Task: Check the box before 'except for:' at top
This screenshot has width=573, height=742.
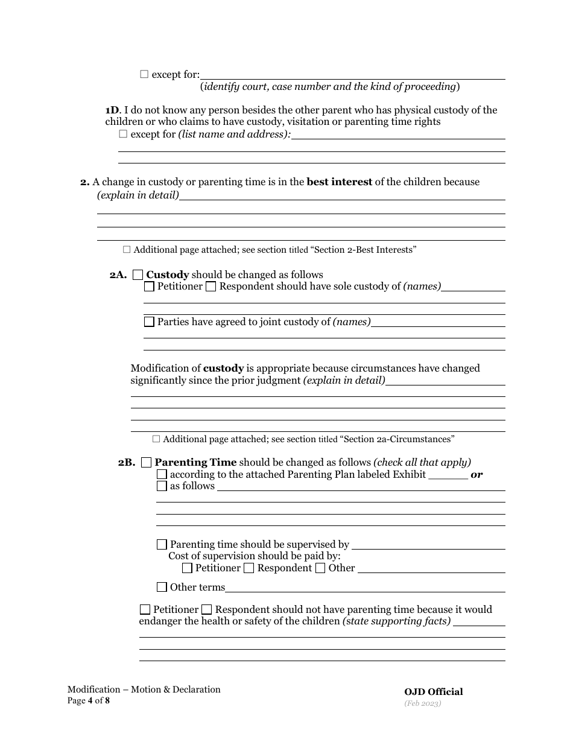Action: click(144, 74)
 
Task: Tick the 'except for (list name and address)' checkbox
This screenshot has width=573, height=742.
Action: click(123, 134)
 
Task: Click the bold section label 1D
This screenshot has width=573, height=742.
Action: click(112, 110)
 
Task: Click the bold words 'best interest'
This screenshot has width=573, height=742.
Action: click(340, 182)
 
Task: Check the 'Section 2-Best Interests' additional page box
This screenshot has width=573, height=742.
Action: click(127, 249)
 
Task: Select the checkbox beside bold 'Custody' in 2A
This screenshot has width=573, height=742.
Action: click(138, 275)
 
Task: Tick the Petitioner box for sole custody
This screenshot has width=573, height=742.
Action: click(149, 287)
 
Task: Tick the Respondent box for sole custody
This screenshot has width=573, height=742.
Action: click(211, 287)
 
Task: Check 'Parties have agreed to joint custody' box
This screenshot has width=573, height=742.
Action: click(149, 322)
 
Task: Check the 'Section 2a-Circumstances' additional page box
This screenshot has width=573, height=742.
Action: click(156, 439)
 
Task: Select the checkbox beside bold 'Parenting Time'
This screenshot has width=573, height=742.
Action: click(146, 463)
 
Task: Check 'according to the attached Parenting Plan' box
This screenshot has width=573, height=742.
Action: click(162, 475)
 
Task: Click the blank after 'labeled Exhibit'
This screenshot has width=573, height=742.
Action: click(448, 474)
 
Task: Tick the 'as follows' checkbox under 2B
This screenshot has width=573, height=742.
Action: click(162, 486)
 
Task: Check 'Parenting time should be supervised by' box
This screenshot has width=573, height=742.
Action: click(162, 545)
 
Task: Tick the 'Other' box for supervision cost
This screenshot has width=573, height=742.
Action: click(320, 568)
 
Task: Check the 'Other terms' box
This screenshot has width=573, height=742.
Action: click(162, 588)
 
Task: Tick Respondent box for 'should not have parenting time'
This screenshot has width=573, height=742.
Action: click(206, 610)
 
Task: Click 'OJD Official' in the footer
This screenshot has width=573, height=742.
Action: click(434, 692)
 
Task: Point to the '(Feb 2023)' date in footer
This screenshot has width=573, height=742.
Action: click(423, 703)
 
